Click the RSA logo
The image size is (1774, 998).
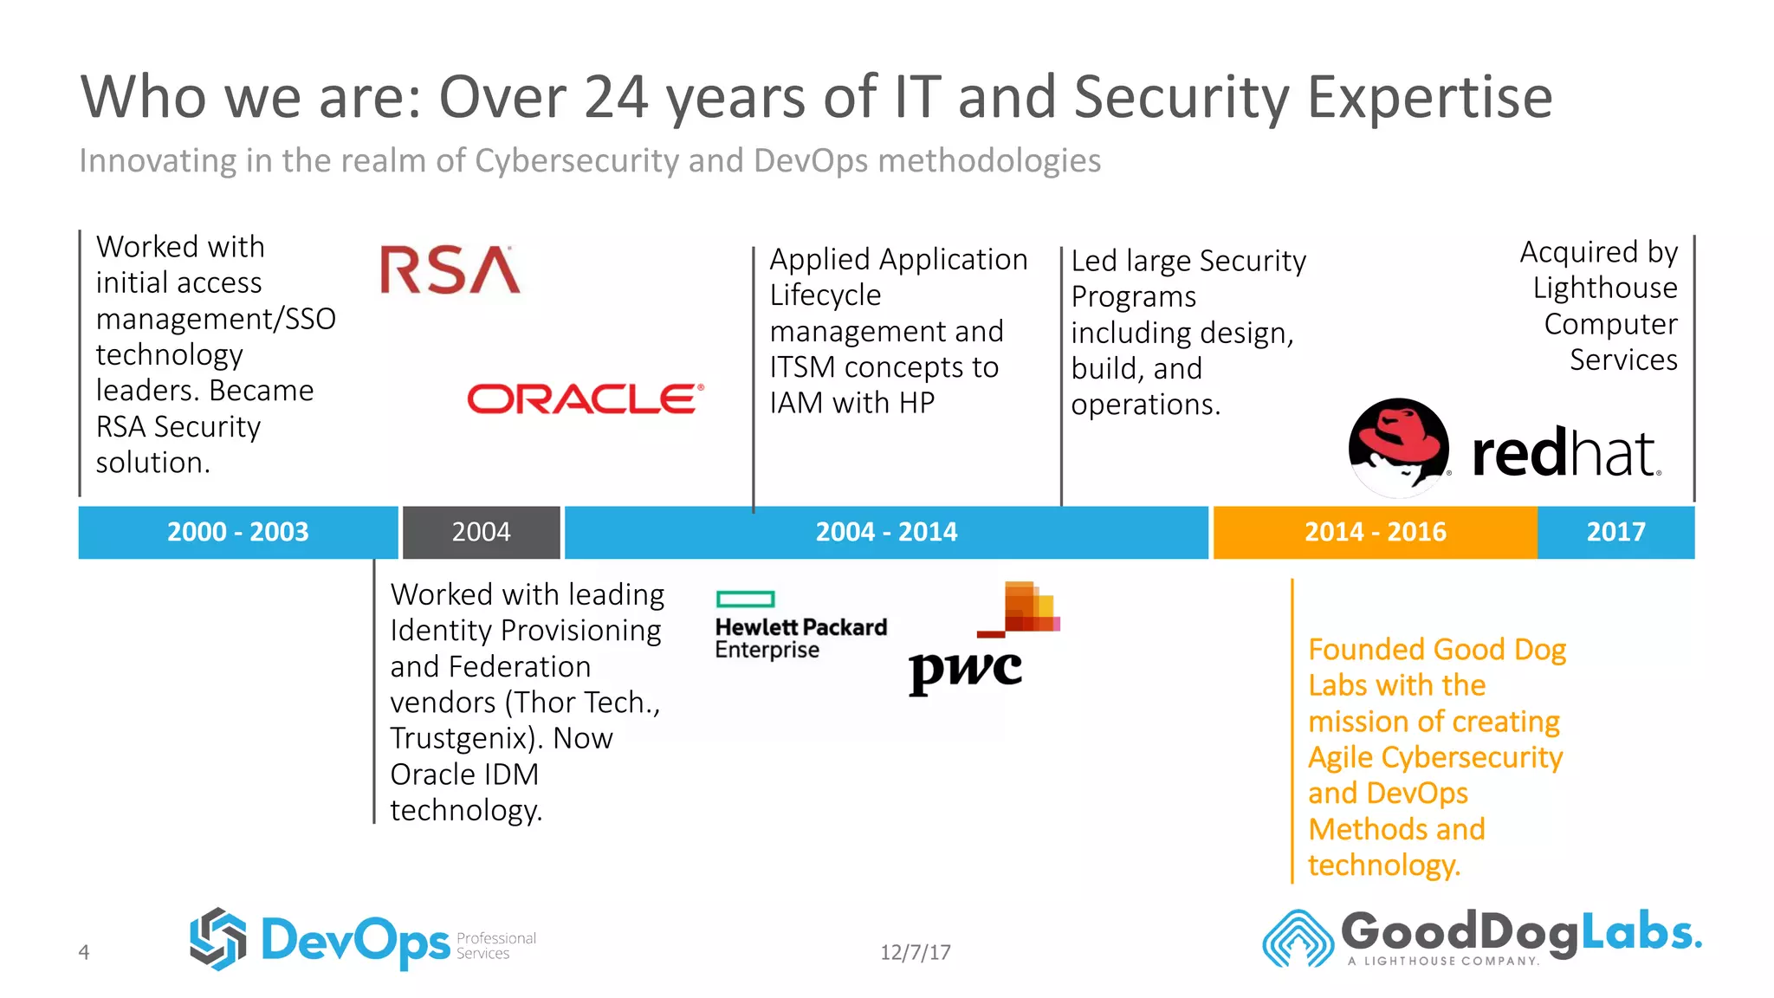click(450, 269)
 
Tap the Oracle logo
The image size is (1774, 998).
click(586, 399)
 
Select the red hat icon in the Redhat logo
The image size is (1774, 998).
click(1398, 447)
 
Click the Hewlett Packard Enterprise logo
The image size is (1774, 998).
click(800, 625)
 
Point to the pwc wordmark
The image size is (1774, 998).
click(965, 670)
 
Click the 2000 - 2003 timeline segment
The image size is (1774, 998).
click(237, 532)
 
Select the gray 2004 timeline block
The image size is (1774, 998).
click(481, 532)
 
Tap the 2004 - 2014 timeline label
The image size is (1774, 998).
click(886, 532)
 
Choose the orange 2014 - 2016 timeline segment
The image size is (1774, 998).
click(1375, 532)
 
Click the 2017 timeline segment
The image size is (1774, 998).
click(1615, 532)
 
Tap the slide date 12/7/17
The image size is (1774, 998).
click(915, 952)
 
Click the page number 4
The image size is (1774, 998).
click(84, 952)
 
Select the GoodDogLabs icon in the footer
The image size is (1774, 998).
click(1297, 938)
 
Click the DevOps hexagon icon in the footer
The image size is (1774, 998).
click(218, 938)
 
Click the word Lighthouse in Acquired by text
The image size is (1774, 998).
click(1604, 288)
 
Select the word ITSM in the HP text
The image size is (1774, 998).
click(802, 367)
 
